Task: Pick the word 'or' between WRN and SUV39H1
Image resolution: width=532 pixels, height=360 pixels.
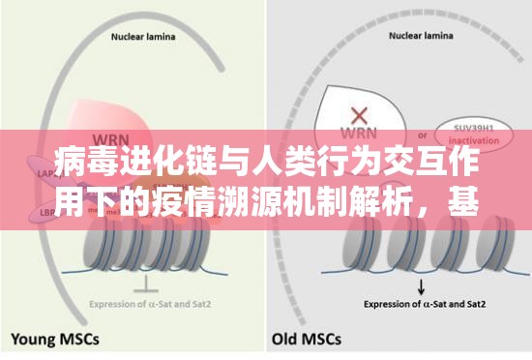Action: [x=419, y=134]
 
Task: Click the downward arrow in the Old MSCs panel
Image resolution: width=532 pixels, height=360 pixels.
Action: [x=421, y=286]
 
